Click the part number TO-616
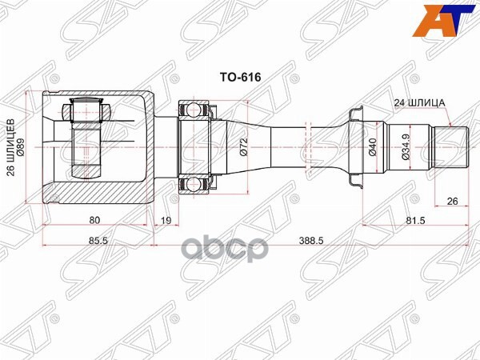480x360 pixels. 241,79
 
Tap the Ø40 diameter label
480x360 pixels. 374,147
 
